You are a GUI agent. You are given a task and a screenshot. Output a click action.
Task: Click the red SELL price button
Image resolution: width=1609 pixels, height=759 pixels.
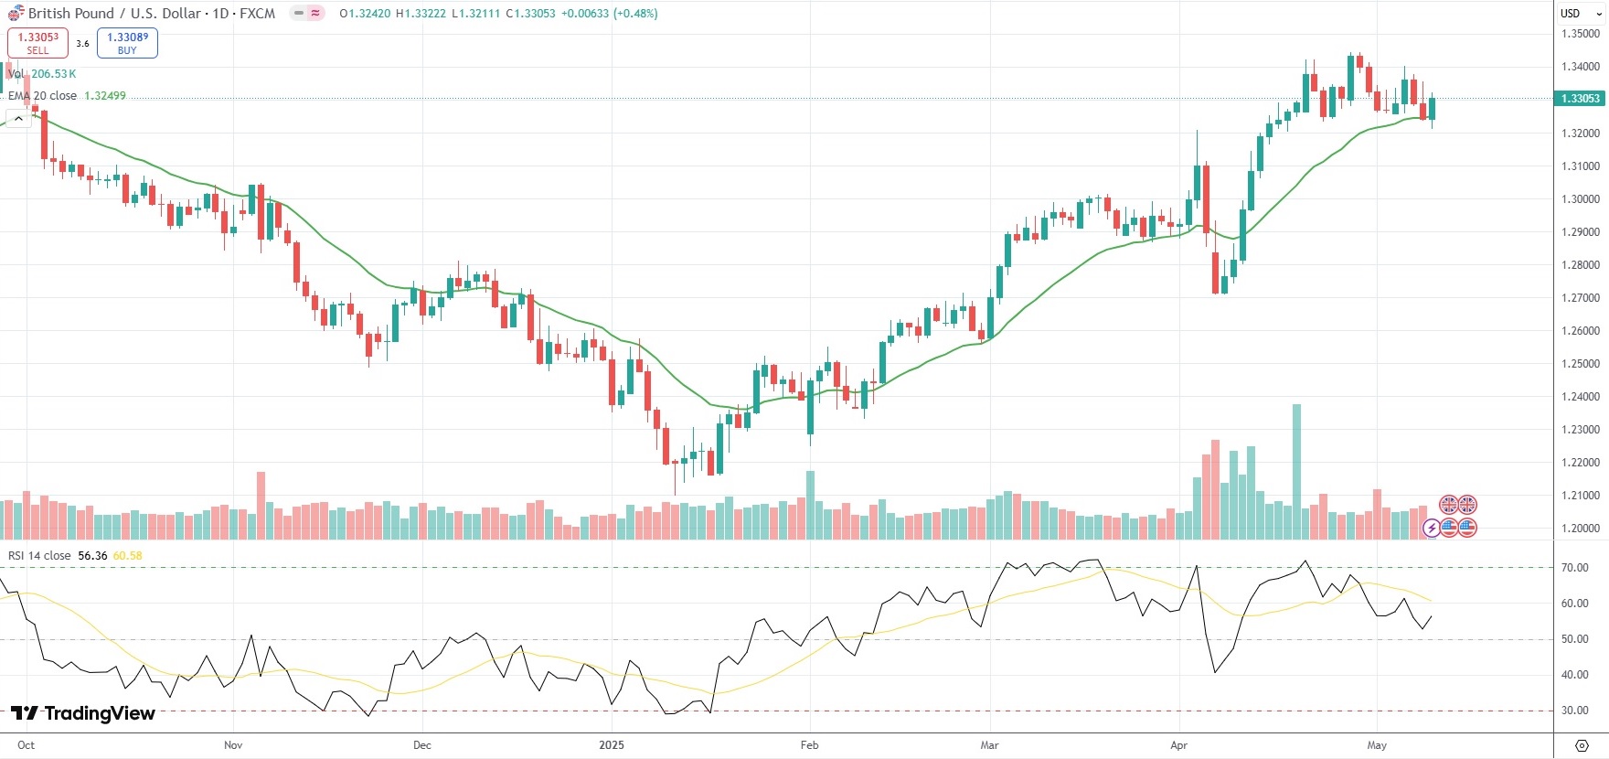[37, 43]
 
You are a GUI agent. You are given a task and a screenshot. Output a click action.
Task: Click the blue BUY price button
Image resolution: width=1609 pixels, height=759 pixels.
[127, 43]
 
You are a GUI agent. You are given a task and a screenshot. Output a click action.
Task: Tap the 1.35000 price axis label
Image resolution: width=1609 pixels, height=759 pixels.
[1581, 34]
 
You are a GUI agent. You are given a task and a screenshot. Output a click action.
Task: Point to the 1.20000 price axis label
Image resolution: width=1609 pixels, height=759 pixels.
[1581, 529]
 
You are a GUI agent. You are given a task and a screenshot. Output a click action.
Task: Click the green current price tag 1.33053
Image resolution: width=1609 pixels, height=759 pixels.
[1580, 99]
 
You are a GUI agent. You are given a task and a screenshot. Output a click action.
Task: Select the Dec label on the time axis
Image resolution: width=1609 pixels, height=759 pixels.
[421, 745]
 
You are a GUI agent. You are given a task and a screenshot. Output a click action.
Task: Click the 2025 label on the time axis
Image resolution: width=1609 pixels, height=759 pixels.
[612, 745]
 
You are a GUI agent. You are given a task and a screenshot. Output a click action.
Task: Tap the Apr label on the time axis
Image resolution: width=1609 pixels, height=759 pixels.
[1178, 745]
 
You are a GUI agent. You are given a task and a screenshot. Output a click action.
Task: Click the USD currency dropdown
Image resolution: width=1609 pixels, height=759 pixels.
[1581, 14]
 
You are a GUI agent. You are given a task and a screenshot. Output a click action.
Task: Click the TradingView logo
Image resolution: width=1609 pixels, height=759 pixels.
[83, 713]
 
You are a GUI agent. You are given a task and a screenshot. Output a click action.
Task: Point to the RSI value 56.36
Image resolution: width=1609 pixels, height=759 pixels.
[92, 556]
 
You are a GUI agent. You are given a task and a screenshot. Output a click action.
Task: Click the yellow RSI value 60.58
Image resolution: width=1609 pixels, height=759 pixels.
[127, 556]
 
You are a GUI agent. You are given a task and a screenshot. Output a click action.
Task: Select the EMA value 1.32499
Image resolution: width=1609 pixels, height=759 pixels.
[105, 96]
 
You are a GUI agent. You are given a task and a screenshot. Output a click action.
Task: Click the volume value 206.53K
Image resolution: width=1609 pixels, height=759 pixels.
[54, 74]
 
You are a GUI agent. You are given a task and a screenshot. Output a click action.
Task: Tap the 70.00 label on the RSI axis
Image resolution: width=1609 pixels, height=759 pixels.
[1574, 568]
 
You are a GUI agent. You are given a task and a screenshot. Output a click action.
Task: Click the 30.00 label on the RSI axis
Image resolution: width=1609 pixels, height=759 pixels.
[1574, 711]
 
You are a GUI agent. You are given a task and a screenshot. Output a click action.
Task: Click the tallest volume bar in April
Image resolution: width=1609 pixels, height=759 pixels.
[1296, 471]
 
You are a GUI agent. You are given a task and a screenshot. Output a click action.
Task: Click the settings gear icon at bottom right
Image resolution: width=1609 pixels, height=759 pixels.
[1582, 745]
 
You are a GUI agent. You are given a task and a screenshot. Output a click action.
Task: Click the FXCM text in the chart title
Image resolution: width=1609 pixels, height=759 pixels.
[257, 14]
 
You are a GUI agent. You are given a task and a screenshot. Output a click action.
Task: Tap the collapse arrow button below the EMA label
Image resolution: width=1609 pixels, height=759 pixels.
[18, 119]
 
